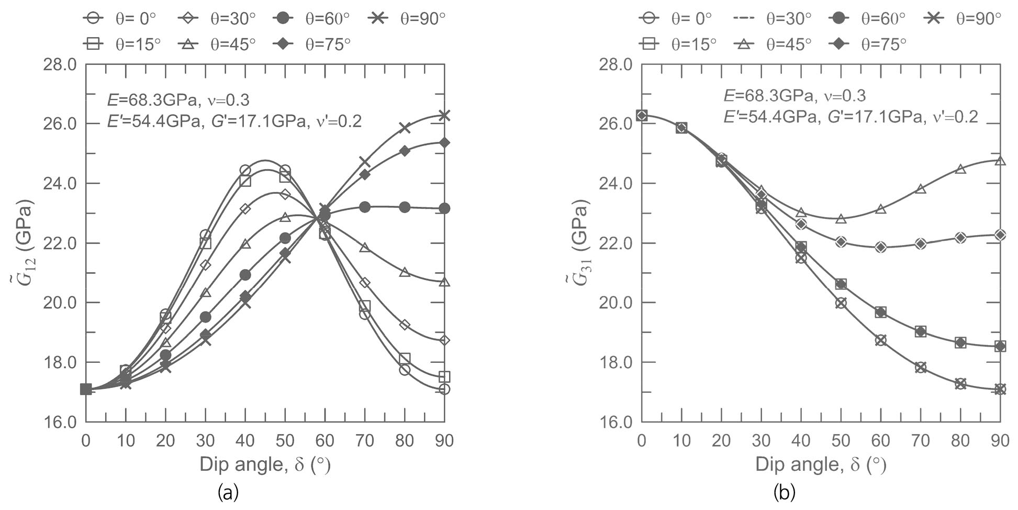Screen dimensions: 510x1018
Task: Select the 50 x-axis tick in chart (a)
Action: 285,441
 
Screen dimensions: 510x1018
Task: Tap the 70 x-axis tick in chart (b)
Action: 920,441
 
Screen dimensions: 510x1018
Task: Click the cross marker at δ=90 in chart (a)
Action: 444,115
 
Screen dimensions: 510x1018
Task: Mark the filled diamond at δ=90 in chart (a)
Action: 444,142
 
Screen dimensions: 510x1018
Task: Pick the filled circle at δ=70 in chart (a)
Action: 365,207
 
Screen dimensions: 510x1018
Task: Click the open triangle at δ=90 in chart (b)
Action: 1000,160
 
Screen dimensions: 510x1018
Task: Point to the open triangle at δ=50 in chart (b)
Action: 841,218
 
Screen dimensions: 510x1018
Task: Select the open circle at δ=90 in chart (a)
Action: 444,389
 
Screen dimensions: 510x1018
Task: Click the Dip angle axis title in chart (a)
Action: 265,464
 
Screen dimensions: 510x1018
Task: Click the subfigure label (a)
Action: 228,493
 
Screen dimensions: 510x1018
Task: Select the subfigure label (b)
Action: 784,493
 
